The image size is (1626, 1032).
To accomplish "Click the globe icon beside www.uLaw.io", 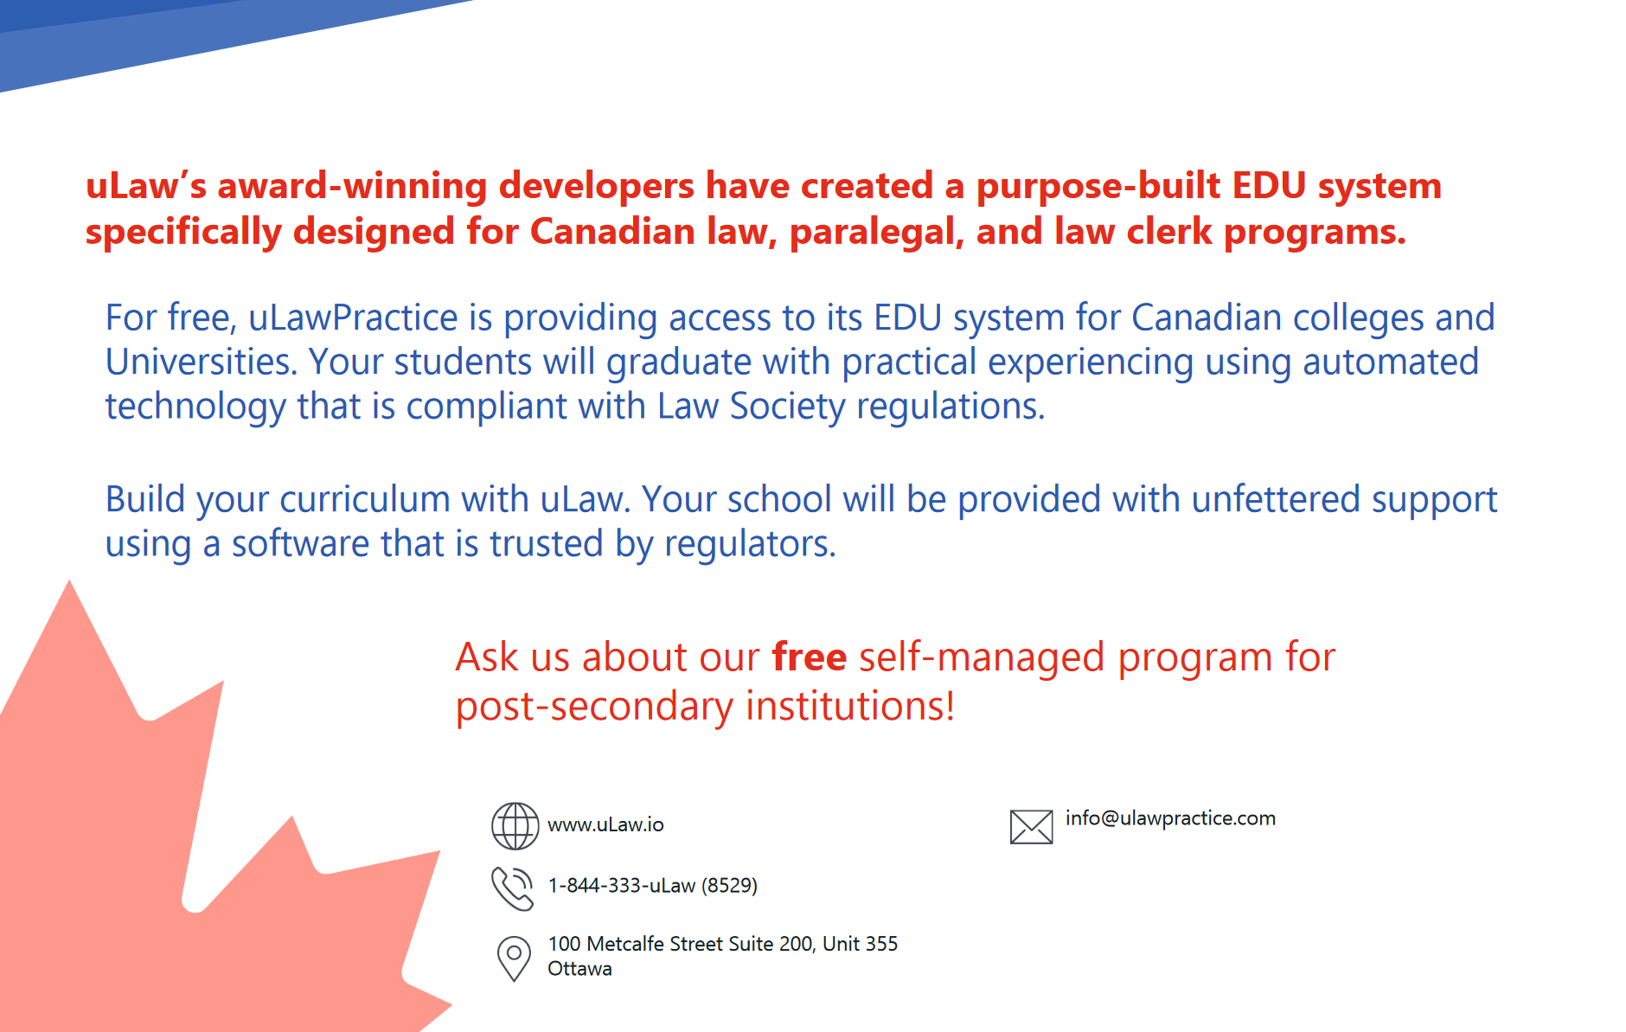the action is click(x=515, y=825).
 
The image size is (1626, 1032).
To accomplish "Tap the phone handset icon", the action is click(x=513, y=888).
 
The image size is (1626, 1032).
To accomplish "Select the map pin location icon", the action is click(x=514, y=958).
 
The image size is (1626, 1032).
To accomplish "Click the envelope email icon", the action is click(x=1031, y=826).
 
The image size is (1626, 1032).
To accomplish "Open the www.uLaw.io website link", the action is click(x=605, y=824).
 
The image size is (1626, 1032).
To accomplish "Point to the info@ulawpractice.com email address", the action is click(x=1170, y=818).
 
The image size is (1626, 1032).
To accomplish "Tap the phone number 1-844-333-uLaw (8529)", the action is click(x=652, y=885).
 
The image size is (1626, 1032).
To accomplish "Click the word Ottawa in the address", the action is click(x=579, y=969).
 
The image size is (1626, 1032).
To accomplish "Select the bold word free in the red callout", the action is click(x=809, y=657).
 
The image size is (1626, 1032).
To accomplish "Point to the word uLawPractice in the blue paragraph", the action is click(x=353, y=317).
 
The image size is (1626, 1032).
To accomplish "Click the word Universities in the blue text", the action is click(x=202, y=362).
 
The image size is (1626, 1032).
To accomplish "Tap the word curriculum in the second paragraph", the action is click(x=364, y=499).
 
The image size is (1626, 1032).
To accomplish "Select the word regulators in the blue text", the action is click(x=750, y=544).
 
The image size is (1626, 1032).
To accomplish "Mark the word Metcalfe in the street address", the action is click(x=624, y=944).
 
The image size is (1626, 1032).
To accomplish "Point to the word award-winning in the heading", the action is click(x=352, y=186).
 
